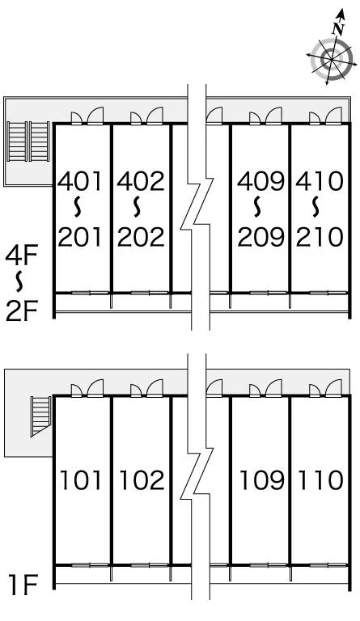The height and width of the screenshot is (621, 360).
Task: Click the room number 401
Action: (x=80, y=181)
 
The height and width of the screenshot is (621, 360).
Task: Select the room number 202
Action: (x=141, y=237)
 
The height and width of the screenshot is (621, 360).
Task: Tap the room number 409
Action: (x=261, y=181)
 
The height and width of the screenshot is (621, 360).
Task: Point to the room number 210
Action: (x=320, y=237)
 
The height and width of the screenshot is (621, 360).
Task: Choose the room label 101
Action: (x=80, y=479)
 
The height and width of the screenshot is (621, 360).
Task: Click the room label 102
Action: (x=142, y=479)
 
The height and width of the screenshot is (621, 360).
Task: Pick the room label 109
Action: (x=262, y=479)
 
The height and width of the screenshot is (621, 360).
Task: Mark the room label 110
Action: (x=320, y=479)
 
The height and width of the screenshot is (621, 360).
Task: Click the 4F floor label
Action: (x=21, y=256)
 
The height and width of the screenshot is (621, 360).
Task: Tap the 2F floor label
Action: (x=21, y=310)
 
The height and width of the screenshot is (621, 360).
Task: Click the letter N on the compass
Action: (x=338, y=28)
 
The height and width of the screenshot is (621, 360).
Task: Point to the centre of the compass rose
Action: (x=331, y=59)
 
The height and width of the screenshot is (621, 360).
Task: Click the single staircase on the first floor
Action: (x=40, y=416)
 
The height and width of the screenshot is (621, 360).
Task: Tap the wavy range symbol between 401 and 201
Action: (x=78, y=208)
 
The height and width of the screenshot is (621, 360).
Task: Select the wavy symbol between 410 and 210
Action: (x=316, y=208)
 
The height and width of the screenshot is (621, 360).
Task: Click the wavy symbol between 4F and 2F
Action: (x=19, y=281)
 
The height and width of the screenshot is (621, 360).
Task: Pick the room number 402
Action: (x=141, y=181)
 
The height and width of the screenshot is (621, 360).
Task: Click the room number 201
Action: (x=80, y=237)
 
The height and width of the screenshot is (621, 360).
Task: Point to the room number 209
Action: (x=261, y=237)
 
